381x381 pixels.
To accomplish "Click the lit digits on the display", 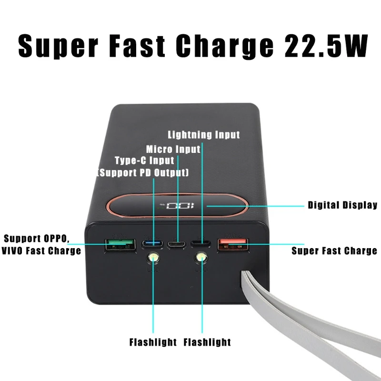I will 177,207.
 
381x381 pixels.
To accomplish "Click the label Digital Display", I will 342,205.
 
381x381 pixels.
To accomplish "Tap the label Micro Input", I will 173,149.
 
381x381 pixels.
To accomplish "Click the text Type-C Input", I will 144,160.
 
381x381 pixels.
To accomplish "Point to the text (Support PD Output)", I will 143,172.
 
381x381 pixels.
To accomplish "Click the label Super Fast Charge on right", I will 334,251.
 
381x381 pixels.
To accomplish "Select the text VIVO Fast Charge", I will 41,251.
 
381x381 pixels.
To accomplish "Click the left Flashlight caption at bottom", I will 153,342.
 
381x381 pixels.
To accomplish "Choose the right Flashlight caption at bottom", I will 207,342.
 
